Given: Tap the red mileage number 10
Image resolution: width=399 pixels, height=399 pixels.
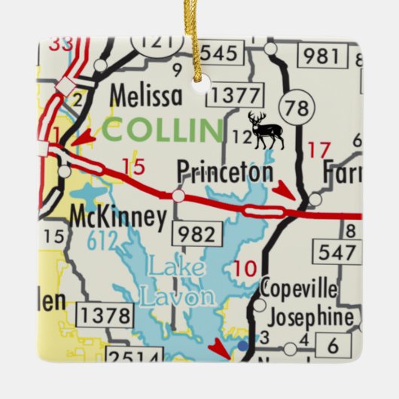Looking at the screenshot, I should pos(245,267).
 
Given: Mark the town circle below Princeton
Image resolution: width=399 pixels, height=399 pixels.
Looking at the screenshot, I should pos(178,196).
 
